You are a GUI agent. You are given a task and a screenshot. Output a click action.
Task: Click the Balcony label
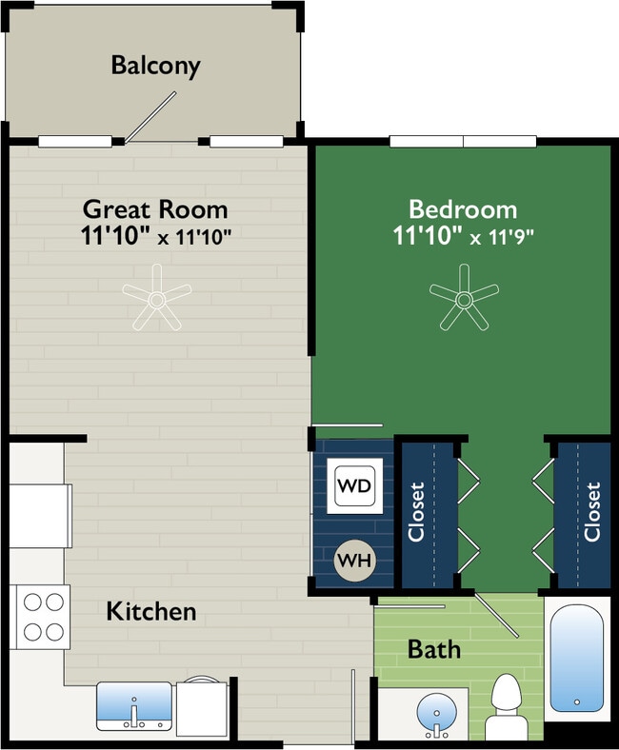coord(155,66)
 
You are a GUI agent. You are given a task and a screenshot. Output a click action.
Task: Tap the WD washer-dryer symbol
coord(355,486)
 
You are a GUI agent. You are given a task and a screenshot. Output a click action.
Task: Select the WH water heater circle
coord(355,560)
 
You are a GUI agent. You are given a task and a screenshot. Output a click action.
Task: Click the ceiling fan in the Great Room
coord(156,299)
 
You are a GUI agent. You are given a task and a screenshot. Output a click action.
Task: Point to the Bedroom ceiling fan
coord(464,299)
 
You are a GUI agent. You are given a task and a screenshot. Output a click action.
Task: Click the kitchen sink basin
coord(134,706)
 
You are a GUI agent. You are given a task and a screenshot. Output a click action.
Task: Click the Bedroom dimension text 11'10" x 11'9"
coord(464,236)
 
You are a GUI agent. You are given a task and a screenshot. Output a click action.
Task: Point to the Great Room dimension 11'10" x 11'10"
coord(156,236)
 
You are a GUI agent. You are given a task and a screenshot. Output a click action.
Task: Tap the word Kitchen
coord(151,611)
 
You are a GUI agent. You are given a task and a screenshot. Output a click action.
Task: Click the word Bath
coord(434,649)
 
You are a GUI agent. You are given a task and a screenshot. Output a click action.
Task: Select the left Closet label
coord(416,512)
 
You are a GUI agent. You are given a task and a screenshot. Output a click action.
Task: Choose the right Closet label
coord(592,512)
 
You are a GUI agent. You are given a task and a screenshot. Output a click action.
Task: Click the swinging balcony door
coord(150,117)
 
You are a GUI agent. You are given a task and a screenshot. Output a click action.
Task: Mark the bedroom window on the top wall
coord(463,141)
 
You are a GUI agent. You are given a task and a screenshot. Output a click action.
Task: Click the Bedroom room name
coord(463,209)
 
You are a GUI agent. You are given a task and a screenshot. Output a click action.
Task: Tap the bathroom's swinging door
coord(496,616)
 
